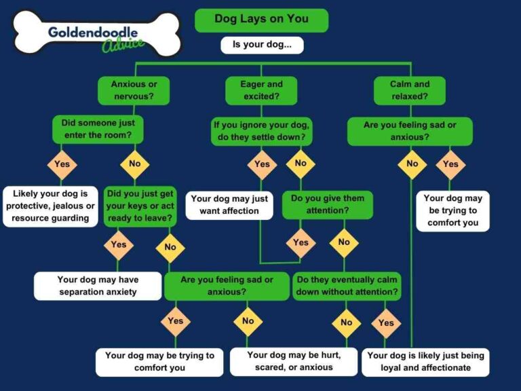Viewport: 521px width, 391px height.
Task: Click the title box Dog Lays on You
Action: (261, 20)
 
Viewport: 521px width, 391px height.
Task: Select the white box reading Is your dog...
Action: (261, 45)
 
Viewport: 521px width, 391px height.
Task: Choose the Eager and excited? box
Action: (261, 90)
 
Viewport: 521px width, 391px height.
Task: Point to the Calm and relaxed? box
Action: (410, 90)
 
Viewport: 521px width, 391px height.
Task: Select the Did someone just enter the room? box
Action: (98, 129)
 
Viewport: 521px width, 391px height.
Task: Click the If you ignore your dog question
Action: (262, 130)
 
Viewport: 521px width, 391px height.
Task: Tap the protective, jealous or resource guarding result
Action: (51, 206)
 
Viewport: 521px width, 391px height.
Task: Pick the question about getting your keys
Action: (140, 206)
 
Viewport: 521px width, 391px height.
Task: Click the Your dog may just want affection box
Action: (229, 205)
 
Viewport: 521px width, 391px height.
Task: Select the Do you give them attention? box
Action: (327, 205)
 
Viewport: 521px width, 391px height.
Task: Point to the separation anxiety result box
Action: (98, 286)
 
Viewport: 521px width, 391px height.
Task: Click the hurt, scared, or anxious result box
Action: (294, 361)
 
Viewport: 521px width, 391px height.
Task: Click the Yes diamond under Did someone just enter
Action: (62, 164)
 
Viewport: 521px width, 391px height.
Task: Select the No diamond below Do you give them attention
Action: (344, 242)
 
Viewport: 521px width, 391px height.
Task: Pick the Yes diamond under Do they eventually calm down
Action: (386, 322)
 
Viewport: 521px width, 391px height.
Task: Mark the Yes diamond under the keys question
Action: (118, 244)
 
